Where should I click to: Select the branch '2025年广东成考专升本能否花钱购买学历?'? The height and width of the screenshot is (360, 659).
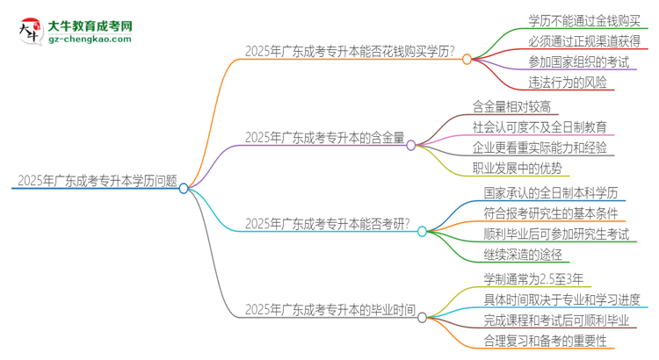350,51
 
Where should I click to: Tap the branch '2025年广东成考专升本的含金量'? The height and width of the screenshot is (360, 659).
325,137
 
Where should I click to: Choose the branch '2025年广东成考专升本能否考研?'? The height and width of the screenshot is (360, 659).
328,223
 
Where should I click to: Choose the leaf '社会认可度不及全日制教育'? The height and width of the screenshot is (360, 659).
539,126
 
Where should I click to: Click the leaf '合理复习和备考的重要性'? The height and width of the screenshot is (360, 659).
544,341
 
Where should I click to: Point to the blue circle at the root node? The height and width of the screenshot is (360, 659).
184,188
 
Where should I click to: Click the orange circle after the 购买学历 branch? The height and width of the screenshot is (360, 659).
467,59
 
